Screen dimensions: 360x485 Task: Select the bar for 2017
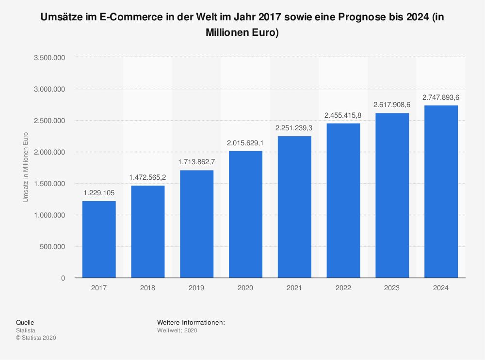tap(99, 239)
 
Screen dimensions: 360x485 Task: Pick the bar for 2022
tap(343, 201)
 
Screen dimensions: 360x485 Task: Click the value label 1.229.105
tap(99, 193)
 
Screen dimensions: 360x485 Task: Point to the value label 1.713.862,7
tap(196, 162)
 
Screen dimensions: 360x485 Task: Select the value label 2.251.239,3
tap(294, 128)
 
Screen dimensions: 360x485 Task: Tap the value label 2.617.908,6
tap(392, 105)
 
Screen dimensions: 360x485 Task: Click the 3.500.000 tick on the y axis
tap(50, 58)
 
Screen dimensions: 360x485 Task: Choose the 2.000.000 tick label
tap(50, 152)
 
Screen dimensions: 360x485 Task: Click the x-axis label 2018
tap(147, 288)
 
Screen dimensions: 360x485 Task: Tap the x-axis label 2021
tap(294, 288)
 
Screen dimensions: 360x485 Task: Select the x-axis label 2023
tap(392, 288)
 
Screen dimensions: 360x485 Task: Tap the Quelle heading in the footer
tap(25, 322)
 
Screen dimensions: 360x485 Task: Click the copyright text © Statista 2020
tap(36, 338)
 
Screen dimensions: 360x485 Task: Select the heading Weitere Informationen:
tap(191, 322)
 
